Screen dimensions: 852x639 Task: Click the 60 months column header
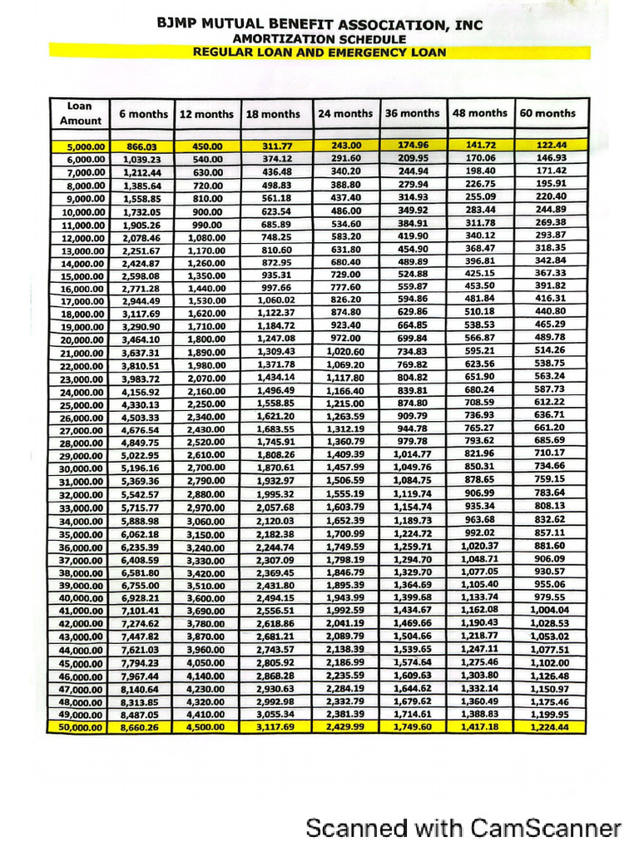[547, 113]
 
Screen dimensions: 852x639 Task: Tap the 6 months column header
[143, 114]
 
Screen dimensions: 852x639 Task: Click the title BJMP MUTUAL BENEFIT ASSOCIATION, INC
[319, 25]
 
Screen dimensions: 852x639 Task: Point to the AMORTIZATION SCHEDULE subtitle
[319, 38]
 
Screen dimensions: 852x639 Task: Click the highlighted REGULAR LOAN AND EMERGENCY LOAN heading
[319, 52]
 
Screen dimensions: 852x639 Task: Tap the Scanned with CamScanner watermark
[463, 828]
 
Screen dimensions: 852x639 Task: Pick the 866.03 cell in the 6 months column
[140, 146]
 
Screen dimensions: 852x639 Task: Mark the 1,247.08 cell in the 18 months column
[275, 339]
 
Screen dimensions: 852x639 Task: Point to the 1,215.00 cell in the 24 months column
[346, 402]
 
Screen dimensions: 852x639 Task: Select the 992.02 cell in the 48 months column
[478, 532]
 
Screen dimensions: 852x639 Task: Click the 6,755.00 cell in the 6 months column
[141, 585]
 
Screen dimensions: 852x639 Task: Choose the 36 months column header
[412, 113]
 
